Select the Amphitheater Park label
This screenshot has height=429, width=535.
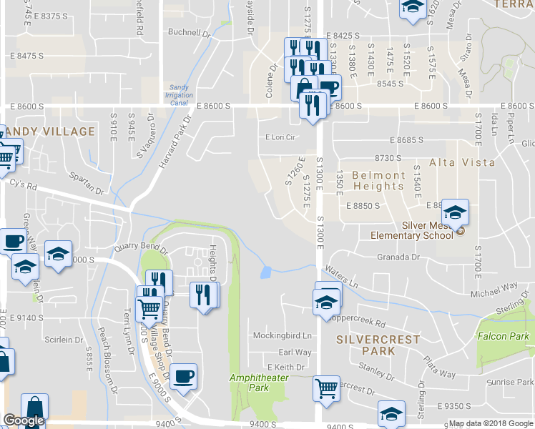249,383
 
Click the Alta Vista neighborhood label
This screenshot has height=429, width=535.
462,163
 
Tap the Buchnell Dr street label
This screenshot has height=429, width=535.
188,32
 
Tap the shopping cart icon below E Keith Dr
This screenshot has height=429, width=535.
326,389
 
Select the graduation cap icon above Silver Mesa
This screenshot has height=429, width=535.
455,212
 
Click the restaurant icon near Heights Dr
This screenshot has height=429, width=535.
203,294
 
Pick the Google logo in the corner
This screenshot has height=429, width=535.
24,421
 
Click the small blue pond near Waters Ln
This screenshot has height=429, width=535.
267,272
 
